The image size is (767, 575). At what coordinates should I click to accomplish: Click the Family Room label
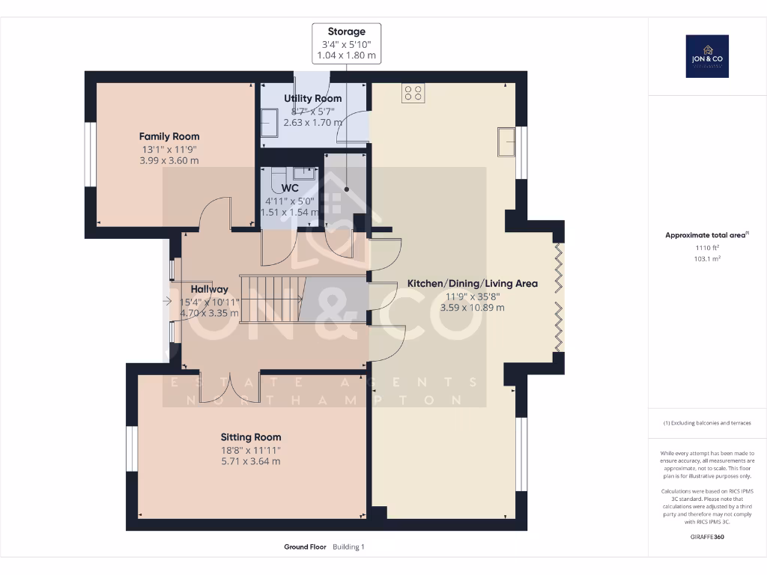pos(169,136)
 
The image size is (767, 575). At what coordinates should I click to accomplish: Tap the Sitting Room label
pos(250,437)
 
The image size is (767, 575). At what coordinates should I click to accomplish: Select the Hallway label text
pos(209,289)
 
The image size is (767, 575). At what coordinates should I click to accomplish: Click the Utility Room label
pos(312,98)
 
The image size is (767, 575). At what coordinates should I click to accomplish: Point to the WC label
pos(290,188)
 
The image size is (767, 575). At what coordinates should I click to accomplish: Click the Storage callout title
pos(346,31)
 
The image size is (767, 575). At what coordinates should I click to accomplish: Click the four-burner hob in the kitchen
pos(413,92)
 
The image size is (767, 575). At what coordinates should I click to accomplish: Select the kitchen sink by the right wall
pos(506,142)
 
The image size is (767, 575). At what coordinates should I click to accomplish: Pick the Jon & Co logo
pos(707,56)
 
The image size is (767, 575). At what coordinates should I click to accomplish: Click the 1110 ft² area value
pos(707,247)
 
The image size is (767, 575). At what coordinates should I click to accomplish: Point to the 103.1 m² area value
pos(707,258)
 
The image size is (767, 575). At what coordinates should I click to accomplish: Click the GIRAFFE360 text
pos(707,536)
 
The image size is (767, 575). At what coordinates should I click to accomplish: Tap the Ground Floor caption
pos(305,547)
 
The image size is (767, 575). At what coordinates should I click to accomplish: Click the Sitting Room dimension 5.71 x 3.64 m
pos(250,461)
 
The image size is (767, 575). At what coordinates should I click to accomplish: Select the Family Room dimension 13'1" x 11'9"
pos(169,149)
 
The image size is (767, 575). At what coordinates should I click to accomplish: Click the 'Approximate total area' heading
pos(706,235)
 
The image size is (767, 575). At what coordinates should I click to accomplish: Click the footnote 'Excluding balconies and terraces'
pos(707,423)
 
